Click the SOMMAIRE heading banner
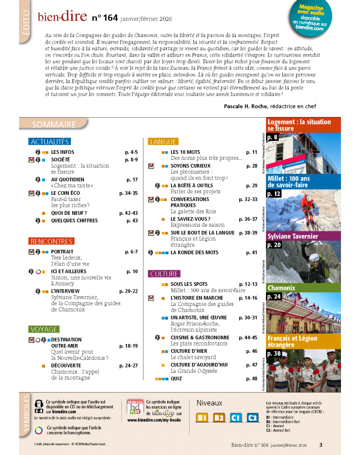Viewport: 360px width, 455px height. (53, 124)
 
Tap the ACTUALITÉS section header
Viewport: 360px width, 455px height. (49, 141)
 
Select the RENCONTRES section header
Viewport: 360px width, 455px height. (51, 241)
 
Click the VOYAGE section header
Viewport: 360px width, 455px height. (44, 329)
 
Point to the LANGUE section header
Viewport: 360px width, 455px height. (163, 141)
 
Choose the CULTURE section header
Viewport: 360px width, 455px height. (164, 274)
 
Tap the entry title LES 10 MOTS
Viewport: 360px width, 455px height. (185, 152)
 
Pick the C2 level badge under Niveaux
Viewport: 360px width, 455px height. (252, 417)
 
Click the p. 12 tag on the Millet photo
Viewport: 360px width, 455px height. (273, 194)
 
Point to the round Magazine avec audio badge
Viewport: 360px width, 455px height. (311, 19)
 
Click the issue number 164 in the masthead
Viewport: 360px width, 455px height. (111, 19)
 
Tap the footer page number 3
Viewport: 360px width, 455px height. (320, 445)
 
